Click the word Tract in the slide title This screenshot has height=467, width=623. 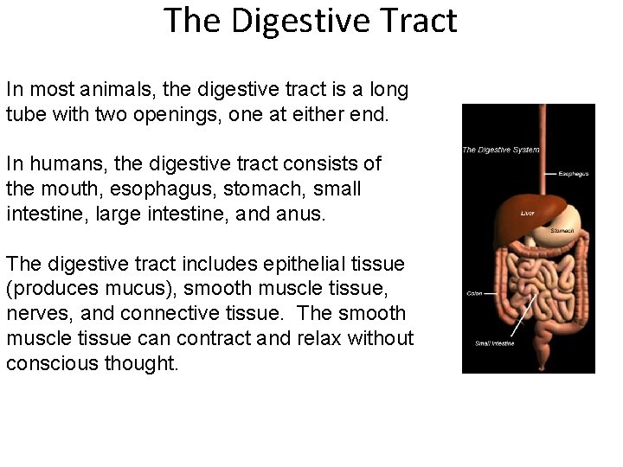[413, 20]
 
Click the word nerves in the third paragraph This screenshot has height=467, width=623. [33, 313]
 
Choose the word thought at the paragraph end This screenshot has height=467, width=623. [141, 363]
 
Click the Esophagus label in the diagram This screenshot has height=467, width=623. [573, 174]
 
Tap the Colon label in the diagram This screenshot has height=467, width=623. [474, 293]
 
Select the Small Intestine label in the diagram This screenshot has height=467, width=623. [494, 343]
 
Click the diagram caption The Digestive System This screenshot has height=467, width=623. [500, 150]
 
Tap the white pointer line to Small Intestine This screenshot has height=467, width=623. [525, 315]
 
